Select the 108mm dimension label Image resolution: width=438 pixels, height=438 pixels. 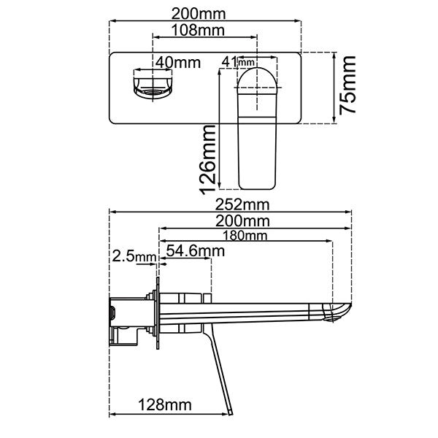pos(196,30)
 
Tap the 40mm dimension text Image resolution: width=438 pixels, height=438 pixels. pos(177,63)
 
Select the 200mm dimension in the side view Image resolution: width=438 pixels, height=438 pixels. pos(245,220)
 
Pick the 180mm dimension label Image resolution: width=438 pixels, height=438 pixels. pos(245,236)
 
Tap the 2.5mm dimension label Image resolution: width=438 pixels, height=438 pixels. pos(134,256)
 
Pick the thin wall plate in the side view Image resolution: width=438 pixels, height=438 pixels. pos(156,314)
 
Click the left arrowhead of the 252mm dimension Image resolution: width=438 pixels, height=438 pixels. pos(112,212)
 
